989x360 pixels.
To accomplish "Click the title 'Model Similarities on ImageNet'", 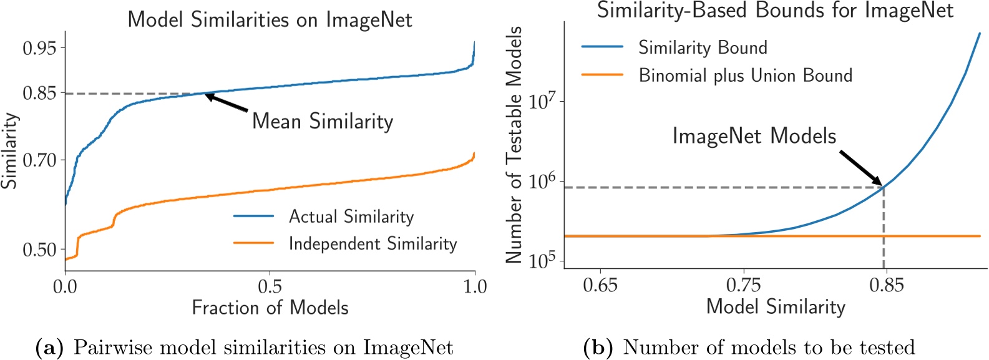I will [x=270, y=19].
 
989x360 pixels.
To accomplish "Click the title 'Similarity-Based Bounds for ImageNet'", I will [x=775, y=10].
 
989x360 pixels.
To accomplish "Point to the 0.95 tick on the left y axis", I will [x=39, y=48].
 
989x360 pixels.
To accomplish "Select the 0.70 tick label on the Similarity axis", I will [x=39, y=160].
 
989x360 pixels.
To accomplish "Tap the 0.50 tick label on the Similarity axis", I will [x=39, y=250].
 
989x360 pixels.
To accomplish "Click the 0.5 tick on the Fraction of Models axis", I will [x=270, y=286].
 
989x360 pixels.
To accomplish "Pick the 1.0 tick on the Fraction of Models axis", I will [x=474, y=286].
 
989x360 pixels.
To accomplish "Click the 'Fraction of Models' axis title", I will [x=270, y=308].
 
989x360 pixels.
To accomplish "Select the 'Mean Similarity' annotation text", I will [x=323, y=121].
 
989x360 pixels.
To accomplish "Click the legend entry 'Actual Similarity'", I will [x=351, y=216].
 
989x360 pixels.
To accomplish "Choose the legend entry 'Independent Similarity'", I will [x=373, y=243].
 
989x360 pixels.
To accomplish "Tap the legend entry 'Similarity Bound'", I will [x=702, y=47].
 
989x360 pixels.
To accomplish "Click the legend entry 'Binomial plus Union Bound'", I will [x=745, y=75].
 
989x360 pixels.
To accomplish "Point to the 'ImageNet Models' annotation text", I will [x=754, y=136].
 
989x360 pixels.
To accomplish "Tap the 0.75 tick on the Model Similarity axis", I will [x=743, y=285].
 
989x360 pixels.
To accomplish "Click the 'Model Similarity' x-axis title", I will [x=775, y=306].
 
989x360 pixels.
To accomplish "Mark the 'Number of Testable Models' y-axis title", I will [x=513, y=145].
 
